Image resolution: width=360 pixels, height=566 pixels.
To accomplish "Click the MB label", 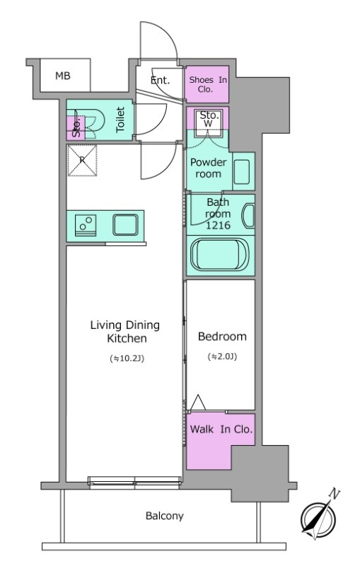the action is (x=63, y=76).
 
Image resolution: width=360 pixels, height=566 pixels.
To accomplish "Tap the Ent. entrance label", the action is (x=160, y=80).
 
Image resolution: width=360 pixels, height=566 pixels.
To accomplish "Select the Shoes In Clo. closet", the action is (x=207, y=84).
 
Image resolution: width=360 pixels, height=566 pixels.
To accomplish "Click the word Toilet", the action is (x=120, y=119).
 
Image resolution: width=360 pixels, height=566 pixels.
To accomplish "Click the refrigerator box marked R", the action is (x=82, y=161).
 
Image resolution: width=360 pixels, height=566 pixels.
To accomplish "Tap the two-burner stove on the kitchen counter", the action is (x=86, y=226).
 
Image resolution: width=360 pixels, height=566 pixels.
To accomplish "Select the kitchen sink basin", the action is (x=125, y=225).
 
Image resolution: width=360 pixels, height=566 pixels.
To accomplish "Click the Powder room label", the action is (x=208, y=168).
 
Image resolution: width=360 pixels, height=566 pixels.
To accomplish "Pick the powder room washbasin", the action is (x=242, y=172).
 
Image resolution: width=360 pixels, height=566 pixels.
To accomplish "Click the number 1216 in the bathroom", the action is (x=218, y=225).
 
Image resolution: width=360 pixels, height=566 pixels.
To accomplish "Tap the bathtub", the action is (x=220, y=254).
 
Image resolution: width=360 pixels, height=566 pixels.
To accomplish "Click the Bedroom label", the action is (x=222, y=337).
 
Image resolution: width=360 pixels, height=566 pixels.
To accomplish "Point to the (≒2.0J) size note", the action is (x=222, y=357).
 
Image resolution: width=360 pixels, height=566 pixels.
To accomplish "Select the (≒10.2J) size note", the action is (x=127, y=359).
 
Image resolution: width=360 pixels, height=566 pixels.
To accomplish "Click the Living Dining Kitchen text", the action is (x=125, y=331).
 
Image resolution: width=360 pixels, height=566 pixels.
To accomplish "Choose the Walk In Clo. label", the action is (x=221, y=429).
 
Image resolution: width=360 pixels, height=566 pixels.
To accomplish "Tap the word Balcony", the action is (x=165, y=516).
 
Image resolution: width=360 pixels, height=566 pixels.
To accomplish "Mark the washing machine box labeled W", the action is (x=209, y=123).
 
